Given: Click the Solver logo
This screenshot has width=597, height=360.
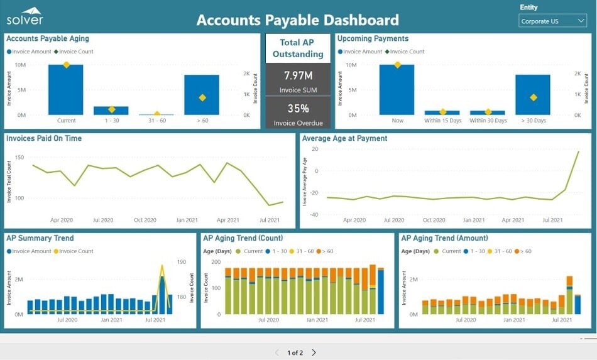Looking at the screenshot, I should click(x=25, y=16).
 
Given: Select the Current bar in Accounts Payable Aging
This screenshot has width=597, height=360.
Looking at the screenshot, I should click(x=66, y=89).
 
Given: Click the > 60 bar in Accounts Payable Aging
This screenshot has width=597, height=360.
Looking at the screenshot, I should click(x=202, y=95).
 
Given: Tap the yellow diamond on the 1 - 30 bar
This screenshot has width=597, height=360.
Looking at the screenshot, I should click(x=111, y=109).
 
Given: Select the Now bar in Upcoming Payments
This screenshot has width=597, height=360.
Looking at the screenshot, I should click(x=397, y=89).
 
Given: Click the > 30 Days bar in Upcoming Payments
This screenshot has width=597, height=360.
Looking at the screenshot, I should click(x=533, y=95).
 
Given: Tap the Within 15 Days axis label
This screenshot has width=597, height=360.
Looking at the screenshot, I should click(x=442, y=121).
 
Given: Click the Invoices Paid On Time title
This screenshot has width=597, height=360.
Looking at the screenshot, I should click(x=44, y=138).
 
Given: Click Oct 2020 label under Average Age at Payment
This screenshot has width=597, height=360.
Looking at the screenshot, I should click(x=434, y=221).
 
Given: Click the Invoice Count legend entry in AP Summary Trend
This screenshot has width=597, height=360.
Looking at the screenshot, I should click(x=76, y=251).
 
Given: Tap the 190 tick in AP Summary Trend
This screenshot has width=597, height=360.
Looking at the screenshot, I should click(x=182, y=262).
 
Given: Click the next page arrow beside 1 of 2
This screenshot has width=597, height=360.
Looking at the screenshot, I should click(x=314, y=352).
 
